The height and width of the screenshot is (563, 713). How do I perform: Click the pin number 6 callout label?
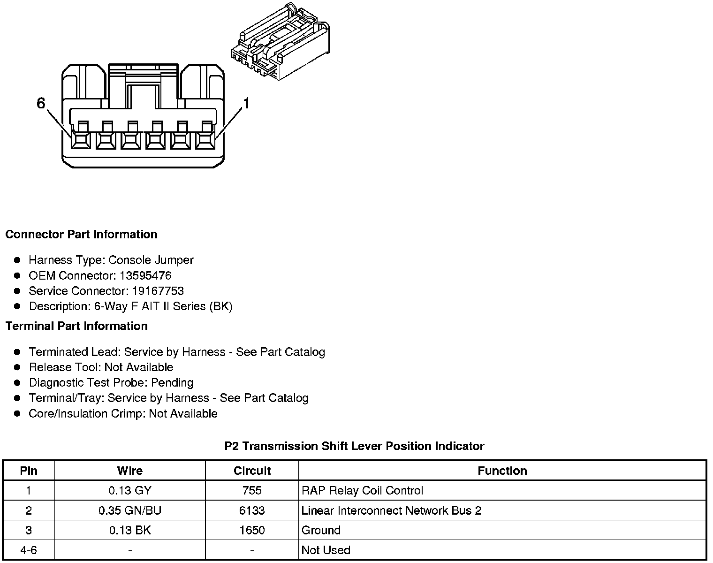click(x=41, y=103)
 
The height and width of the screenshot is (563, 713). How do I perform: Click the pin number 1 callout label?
click(x=246, y=103)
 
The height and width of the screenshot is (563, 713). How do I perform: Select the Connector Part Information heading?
click(x=81, y=235)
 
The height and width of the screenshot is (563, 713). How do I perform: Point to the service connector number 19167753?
click(x=158, y=291)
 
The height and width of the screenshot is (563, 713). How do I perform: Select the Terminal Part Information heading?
click(x=76, y=326)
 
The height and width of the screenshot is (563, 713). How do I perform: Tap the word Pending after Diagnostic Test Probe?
click(x=176, y=383)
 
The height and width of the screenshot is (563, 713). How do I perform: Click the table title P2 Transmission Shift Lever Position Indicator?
click(x=354, y=446)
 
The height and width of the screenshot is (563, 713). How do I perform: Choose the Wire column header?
click(x=130, y=471)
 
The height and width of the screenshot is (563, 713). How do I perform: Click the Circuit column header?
click(x=252, y=471)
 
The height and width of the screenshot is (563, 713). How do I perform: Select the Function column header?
click(x=502, y=471)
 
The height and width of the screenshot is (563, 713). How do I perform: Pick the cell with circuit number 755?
click(x=252, y=491)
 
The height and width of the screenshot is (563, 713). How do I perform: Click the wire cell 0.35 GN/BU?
click(x=130, y=510)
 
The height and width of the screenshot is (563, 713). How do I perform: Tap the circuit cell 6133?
click(x=252, y=510)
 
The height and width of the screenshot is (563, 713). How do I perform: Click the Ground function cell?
click(x=321, y=530)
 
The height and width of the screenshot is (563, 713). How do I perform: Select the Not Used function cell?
click(x=326, y=550)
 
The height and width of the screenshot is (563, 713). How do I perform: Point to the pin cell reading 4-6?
click(x=29, y=550)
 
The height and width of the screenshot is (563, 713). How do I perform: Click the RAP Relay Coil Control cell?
click(x=363, y=491)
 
